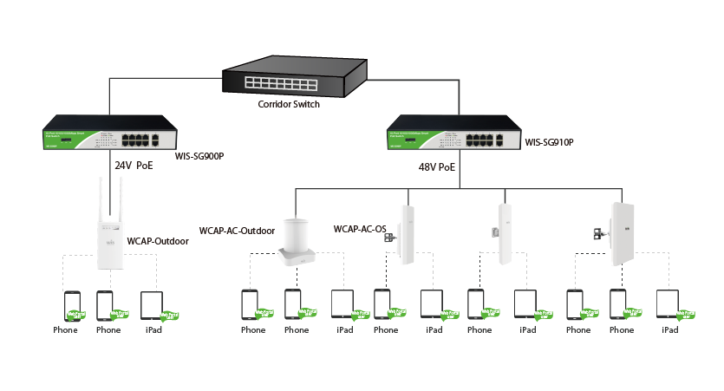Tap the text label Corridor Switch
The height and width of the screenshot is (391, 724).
coord(289,104)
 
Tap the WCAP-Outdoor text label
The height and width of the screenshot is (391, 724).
coord(157,241)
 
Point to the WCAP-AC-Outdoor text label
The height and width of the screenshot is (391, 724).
coord(237,231)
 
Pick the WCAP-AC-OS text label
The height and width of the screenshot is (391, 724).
coord(359,229)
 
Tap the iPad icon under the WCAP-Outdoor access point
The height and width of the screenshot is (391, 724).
coord(152,304)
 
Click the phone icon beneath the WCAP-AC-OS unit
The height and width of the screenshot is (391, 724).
coord(383,304)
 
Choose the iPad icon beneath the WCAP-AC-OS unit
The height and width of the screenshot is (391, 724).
coord(431,304)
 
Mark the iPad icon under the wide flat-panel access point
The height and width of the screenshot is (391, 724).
coord(667,304)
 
